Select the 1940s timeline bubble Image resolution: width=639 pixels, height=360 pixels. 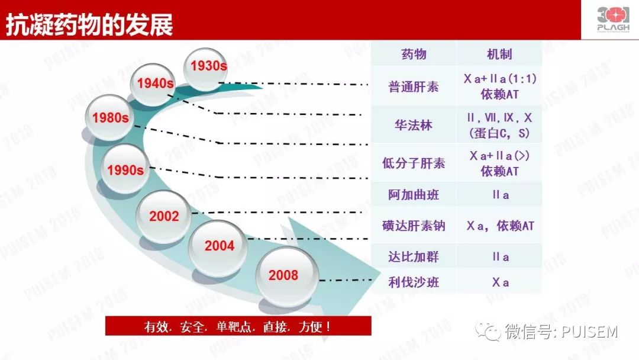(155, 83)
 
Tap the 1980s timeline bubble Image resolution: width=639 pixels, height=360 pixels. (110, 118)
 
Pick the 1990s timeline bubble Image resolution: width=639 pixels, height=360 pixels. (125, 171)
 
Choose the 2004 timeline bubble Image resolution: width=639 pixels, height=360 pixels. (219, 246)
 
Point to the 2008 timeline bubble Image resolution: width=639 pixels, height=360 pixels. (283, 275)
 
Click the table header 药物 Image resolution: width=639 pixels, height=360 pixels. (414, 55)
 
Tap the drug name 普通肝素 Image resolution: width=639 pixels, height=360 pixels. (414, 86)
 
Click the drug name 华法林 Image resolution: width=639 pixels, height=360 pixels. (414, 125)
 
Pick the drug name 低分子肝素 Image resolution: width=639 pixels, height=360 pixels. (414, 163)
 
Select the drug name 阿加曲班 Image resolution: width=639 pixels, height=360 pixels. (414, 195)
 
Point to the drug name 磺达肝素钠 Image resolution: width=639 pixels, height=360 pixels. (414, 226)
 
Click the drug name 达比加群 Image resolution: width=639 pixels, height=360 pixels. (414, 257)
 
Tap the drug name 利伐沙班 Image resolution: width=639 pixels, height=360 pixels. (414, 282)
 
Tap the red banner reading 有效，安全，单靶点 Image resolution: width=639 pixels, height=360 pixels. (238, 326)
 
